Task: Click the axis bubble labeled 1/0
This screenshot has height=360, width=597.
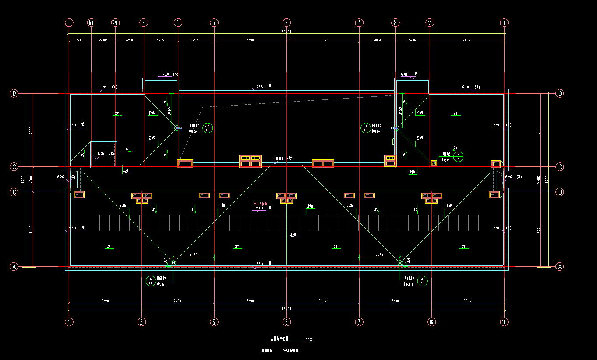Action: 91,22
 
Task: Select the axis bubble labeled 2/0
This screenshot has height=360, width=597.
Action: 116,22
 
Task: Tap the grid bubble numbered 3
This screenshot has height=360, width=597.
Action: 144,22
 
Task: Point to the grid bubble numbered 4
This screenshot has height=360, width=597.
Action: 178,22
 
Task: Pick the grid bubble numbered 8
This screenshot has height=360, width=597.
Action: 396,22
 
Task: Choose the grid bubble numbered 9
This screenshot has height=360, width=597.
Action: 430,22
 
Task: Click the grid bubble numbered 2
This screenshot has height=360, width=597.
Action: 141,321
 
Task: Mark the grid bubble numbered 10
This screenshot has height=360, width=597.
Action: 432,321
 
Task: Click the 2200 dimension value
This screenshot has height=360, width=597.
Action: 80,40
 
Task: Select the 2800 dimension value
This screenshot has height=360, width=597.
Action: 129,40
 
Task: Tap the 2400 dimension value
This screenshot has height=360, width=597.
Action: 103,40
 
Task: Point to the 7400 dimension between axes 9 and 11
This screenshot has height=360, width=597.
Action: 466,40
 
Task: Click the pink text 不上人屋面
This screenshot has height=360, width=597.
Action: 261,204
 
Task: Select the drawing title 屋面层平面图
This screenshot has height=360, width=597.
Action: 279,339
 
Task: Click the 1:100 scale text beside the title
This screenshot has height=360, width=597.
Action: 309,339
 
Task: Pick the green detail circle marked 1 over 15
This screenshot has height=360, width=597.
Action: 458,156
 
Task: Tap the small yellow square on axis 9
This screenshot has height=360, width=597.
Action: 434,163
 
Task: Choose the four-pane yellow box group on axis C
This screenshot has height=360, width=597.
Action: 250,161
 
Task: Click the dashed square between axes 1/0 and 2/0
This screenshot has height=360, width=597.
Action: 103,154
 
